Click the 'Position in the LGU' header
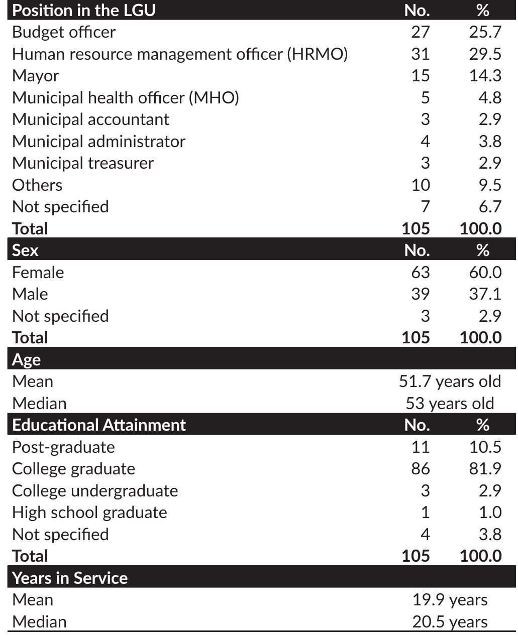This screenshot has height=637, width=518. [x=83, y=10]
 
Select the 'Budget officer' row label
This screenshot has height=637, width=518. [x=64, y=32]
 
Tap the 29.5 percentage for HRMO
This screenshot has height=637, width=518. [x=485, y=54]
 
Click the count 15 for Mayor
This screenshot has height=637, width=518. [x=420, y=76]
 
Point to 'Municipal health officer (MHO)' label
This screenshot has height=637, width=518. [x=126, y=97]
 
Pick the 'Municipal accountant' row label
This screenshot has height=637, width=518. [x=90, y=119]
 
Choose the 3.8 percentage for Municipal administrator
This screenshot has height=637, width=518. [x=489, y=141]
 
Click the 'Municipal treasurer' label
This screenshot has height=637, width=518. [x=83, y=163]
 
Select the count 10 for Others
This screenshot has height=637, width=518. [x=420, y=185]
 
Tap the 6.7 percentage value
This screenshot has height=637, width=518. [x=489, y=207]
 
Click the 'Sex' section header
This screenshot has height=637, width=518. [x=25, y=250]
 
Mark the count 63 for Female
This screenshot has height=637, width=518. [x=420, y=272]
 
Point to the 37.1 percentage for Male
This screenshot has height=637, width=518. [x=485, y=294]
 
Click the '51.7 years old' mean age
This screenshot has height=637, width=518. [x=450, y=381]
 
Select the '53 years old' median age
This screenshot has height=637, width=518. [x=450, y=403]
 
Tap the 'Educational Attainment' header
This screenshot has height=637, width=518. [x=99, y=425]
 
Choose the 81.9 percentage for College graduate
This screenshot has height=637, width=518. [x=485, y=469]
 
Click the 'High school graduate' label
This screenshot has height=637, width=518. [x=89, y=513]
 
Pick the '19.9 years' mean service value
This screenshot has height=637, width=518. [x=450, y=600]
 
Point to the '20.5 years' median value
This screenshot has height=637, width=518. [x=450, y=622]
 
